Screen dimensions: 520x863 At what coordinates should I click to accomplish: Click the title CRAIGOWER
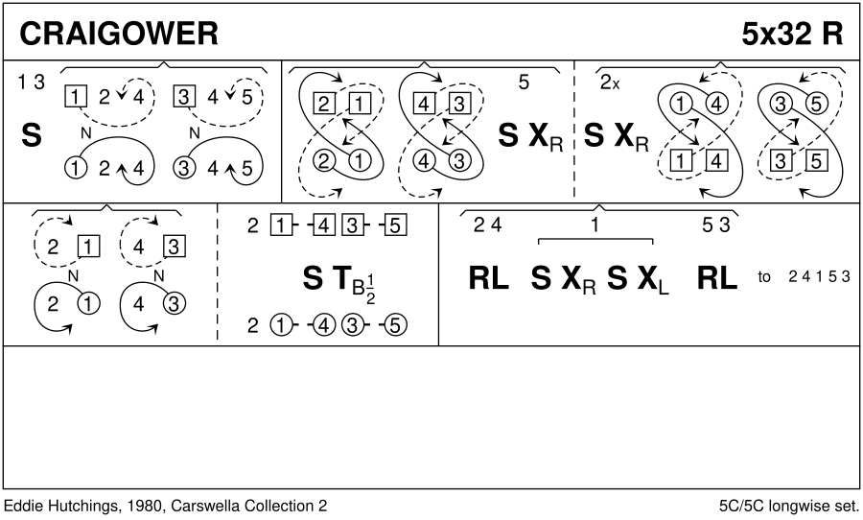click(x=119, y=34)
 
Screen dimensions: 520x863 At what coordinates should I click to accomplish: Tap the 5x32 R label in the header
click(x=791, y=34)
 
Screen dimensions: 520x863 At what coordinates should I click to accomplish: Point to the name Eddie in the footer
click(x=24, y=506)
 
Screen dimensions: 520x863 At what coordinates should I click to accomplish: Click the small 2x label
click(x=610, y=83)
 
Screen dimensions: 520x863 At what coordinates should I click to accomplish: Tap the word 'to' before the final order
click(x=764, y=277)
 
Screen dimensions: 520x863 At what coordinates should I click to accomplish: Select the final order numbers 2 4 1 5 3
click(x=820, y=277)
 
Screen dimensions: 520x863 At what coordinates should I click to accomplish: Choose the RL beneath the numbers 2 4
click(x=489, y=278)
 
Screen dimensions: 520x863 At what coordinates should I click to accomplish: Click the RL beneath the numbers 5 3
click(x=716, y=278)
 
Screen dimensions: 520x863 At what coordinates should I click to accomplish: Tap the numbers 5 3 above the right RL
click(x=716, y=226)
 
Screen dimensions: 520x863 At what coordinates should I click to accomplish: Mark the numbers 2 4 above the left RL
click(x=487, y=226)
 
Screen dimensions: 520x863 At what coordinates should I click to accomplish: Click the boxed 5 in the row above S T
click(x=398, y=227)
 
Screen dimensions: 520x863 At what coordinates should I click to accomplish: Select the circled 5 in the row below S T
click(x=398, y=325)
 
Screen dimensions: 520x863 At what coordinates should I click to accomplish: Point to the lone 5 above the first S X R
click(x=524, y=83)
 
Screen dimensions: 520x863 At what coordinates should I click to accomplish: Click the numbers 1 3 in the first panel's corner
click(x=31, y=83)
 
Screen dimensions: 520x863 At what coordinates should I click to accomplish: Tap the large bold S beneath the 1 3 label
click(x=31, y=136)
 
